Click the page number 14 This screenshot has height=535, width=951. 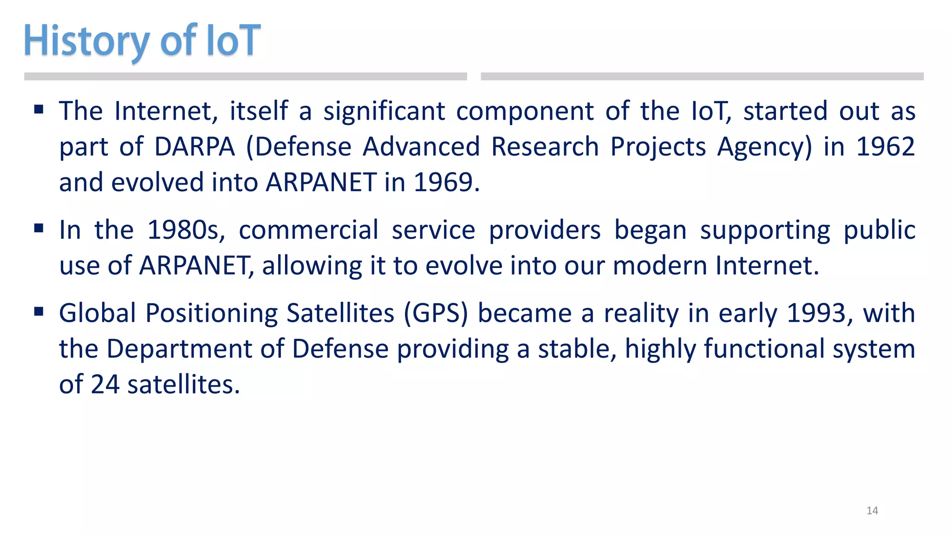click(872, 511)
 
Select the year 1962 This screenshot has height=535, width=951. click(885, 147)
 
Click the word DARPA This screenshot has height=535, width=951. click(195, 147)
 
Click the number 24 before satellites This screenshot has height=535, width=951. click(105, 385)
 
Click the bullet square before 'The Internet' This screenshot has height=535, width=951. click(39, 110)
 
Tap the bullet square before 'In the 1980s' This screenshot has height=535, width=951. click(39, 228)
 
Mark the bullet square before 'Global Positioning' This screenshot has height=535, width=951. click(39, 312)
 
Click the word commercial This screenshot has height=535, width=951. click(308, 230)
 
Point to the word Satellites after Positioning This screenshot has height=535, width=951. click(340, 313)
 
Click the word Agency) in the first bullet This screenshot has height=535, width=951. click(764, 147)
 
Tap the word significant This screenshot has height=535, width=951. click(384, 111)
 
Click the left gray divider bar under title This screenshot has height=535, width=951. click(245, 77)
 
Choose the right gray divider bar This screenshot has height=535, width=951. click(702, 77)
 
